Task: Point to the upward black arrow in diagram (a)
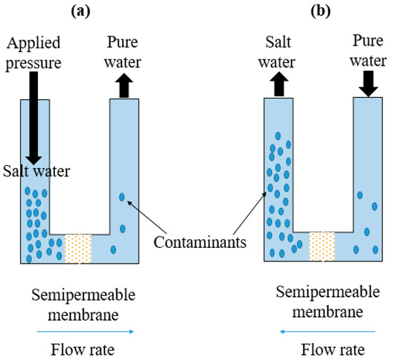(x=122, y=80)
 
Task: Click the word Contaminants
(x=199, y=242)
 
